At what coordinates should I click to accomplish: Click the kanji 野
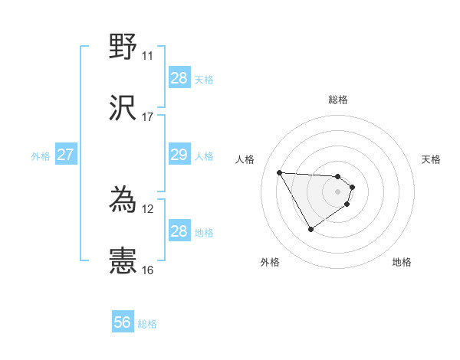pos(123,47)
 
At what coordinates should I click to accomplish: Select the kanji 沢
pos(123,108)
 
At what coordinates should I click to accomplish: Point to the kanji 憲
pos(123,261)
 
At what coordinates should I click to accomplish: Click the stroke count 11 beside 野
pos(147,56)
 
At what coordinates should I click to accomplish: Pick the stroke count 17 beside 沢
pos(147,117)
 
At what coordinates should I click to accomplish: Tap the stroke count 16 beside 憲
pos(147,270)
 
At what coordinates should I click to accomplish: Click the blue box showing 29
pos(179,155)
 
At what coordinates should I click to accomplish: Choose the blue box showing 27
pos(65,155)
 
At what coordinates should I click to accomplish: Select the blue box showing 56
pos(123,323)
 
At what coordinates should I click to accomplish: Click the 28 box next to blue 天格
pos(179,78)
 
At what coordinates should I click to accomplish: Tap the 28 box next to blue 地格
pos(179,231)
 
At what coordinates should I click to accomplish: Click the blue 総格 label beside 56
pos(147,324)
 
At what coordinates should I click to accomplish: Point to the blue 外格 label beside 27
pos(41,155)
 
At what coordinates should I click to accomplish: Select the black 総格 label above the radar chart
pos(338,100)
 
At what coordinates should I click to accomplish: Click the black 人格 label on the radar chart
pos(245,159)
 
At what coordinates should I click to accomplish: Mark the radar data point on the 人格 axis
pos(280,172)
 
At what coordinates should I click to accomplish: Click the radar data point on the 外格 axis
pos(310,229)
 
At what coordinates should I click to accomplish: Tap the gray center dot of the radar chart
pos(338,191)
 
